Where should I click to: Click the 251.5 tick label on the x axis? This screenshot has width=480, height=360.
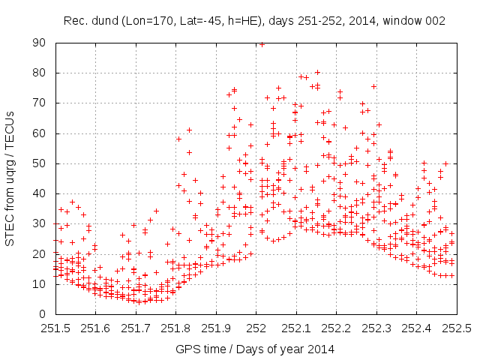[x=55, y=328]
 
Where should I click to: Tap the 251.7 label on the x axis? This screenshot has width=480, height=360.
[x=136, y=328]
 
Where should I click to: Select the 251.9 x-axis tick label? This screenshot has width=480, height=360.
[x=216, y=328]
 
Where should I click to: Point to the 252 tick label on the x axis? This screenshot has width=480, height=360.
[x=256, y=328]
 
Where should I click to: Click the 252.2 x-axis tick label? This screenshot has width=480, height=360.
[x=336, y=328]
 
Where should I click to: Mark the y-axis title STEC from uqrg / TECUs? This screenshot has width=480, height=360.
[x=11, y=178]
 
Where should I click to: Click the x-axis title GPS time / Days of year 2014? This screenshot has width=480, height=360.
[x=255, y=349]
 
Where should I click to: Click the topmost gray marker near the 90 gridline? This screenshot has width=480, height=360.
[x=262, y=43]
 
